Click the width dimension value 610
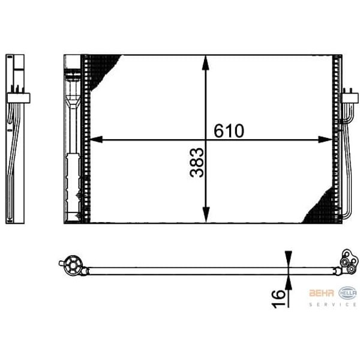click(x=229, y=131)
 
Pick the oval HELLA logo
click(x=347, y=293)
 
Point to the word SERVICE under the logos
click(x=333, y=305)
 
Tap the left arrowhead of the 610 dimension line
click(x=95, y=140)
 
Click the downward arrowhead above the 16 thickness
click(x=289, y=257)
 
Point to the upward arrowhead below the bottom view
click(x=289, y=282)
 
